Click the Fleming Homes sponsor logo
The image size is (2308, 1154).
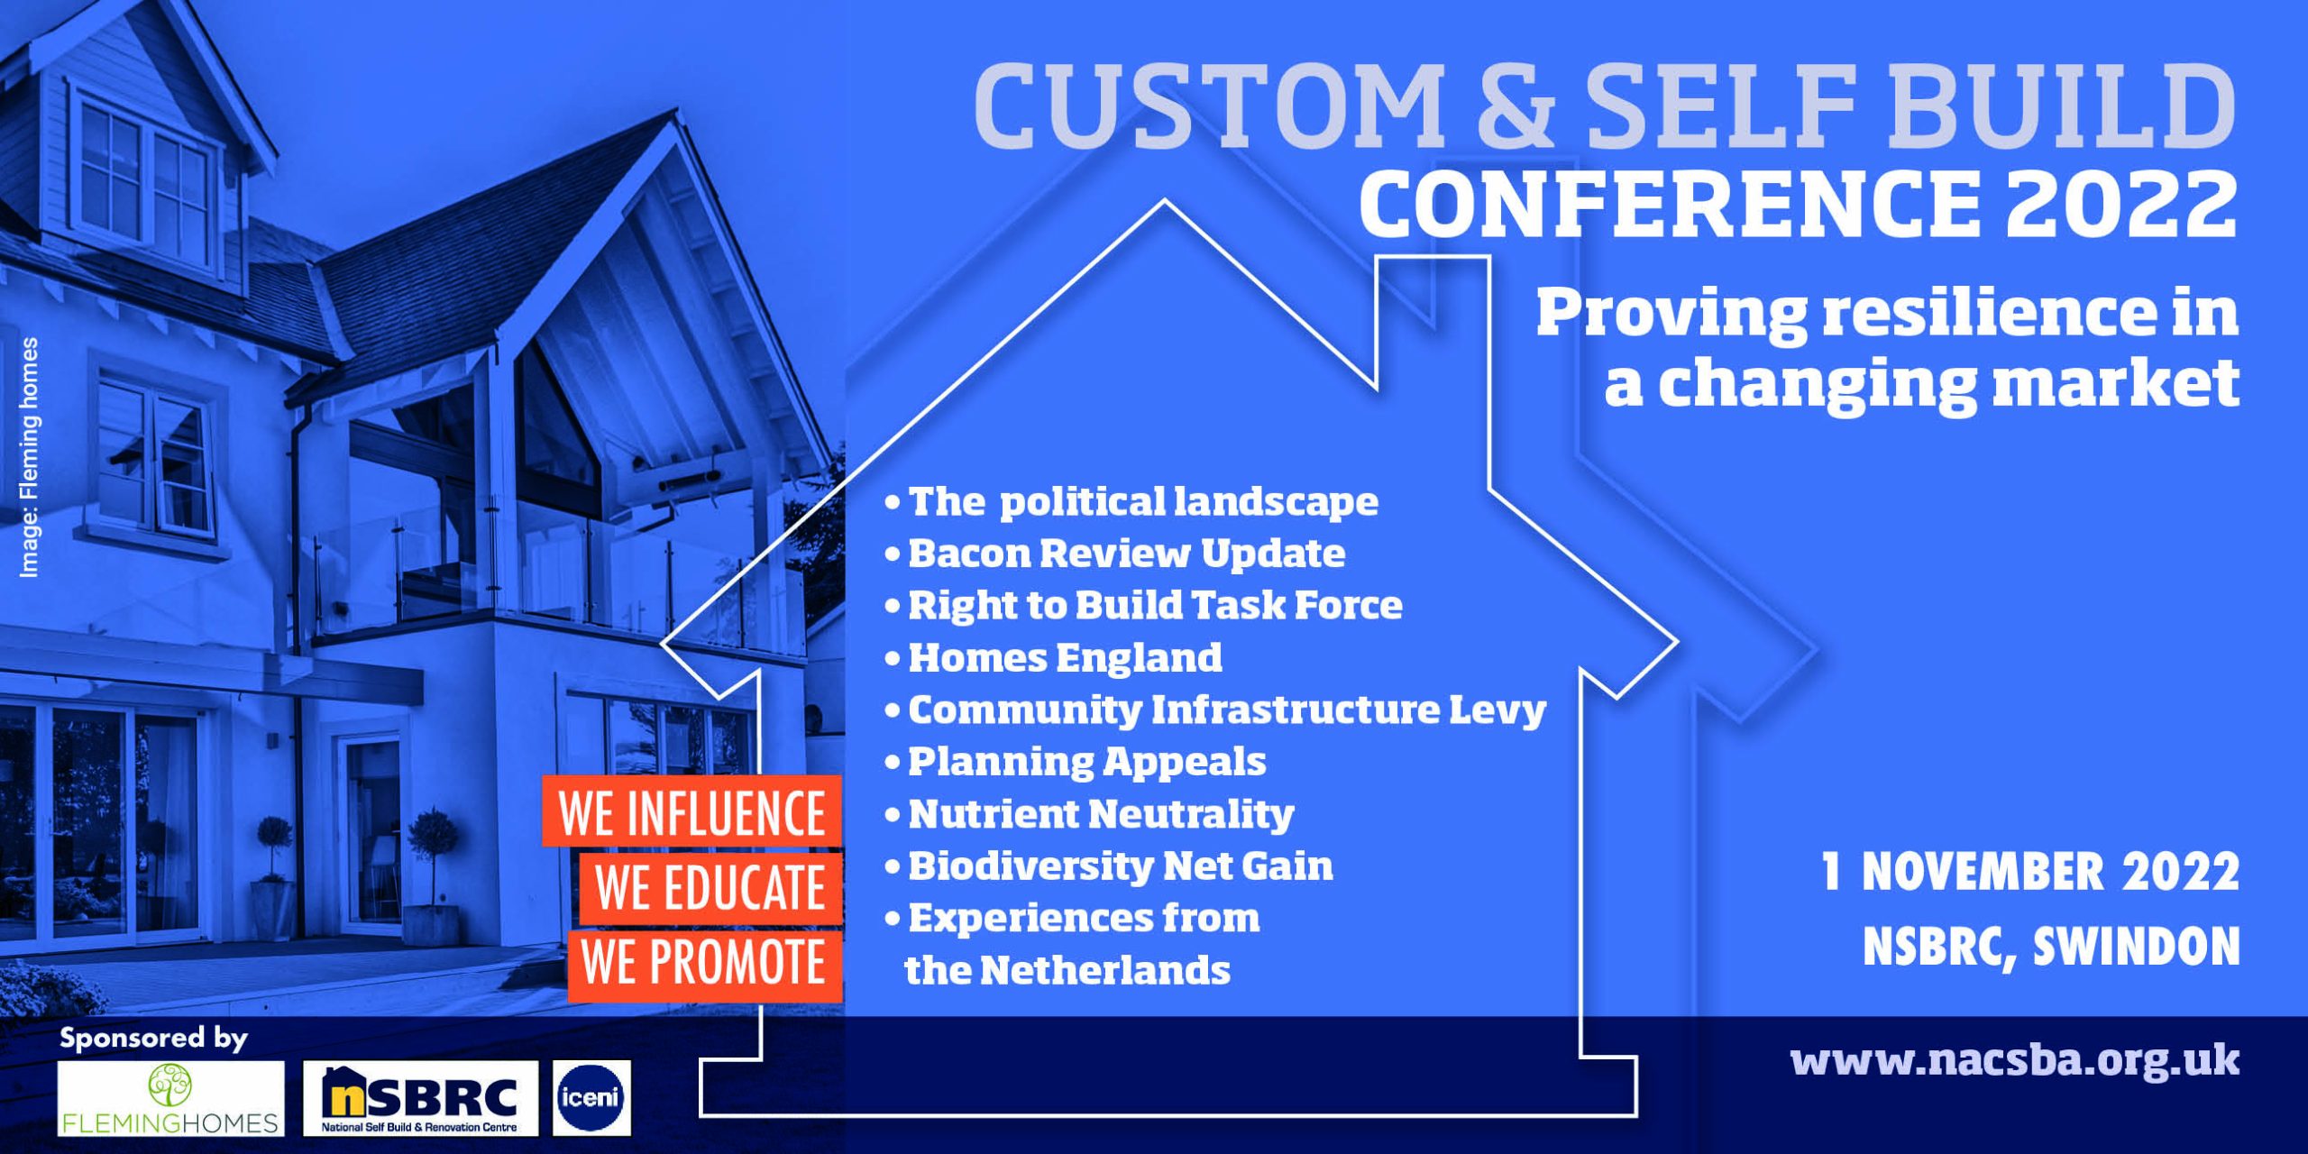click(170, 1097)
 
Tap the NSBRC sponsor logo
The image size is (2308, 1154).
click(420, 1097)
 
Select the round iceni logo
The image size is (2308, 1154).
click(591, 1097)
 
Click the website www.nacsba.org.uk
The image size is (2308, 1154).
click(2014, 1060)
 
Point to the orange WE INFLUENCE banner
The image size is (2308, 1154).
click(691, 811)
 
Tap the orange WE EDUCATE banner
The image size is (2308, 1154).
click(710, 887)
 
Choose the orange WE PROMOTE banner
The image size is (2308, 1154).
click(704, 963)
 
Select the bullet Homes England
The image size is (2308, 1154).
click(1064, 657)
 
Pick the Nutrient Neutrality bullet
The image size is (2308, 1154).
click(1100, 814)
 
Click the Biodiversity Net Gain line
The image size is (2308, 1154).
click(1119, 866)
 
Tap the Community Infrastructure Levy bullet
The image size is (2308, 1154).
click(1226, 710)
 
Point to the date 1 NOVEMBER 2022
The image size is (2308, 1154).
click(2029, 872)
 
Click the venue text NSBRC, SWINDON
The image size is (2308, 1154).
click(2050, 947)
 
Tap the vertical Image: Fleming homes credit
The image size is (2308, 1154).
click(29, 457)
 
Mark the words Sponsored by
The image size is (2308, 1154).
click(152, 1039)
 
